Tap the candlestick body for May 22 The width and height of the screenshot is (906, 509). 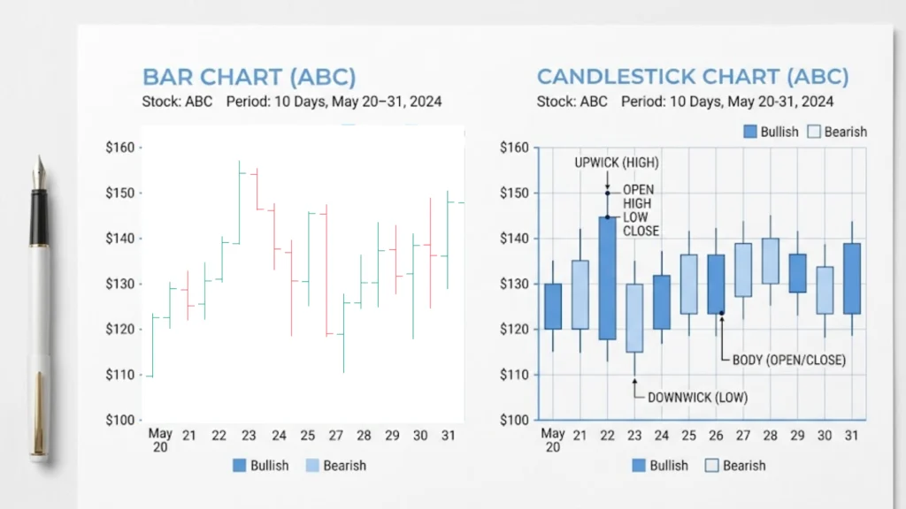pyautogui.click(x=607, y=277)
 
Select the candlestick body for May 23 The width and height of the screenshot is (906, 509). pyautogui.click(x=634, y=317)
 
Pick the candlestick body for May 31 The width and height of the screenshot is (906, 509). pyautogui.click(x=851, y=278)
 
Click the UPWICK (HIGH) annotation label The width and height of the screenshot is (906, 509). pyautogui.click(x=617, y=163)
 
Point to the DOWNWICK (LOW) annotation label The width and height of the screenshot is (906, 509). pyautogui.click(x=697, y=398)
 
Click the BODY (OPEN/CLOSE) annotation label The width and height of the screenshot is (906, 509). pyautogui.click(x=788, y=360)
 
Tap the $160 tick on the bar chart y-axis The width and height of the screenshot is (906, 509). pyautogui.click(x=119, y=148)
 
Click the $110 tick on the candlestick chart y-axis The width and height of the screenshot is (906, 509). pyautogui.click(x=514, y=375)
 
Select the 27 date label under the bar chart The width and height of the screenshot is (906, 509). pyautogui.click(x=335, y=436)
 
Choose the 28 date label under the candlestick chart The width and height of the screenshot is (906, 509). pyautogui.click(x=770, y=435)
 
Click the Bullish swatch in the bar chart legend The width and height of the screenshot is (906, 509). pyautogui.click(x=240, y=466)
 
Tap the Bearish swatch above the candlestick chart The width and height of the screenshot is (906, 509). pyautogui.click(x=815, y=132)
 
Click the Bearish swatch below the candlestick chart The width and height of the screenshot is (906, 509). pyautogui.click(x=712, y=466)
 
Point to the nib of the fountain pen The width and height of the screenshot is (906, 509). pyautogui.click(x=39, y=172)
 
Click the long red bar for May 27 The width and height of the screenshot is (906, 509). pyautogui.click(x=326, y=270)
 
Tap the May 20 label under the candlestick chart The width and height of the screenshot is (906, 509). pyautogui.click(x=553, y=439)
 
